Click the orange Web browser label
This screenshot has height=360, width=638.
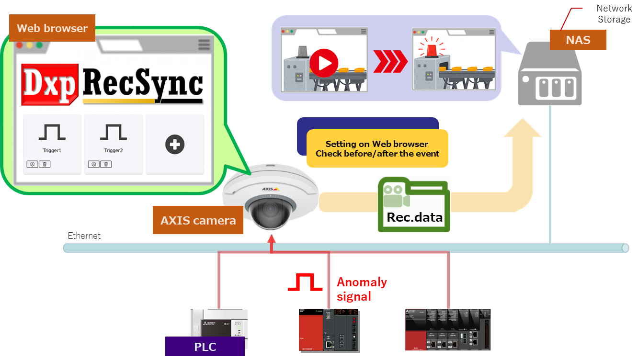(52, 28)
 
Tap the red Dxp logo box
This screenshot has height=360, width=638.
(50, 85)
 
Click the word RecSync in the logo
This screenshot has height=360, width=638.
(143, 84)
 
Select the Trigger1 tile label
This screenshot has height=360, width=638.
(52, 150)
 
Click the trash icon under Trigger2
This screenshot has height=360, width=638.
(106, 164)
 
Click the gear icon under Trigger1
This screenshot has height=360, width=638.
(33, 164)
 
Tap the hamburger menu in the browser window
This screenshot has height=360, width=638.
(204, 45)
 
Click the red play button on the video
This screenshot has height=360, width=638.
(324, 63)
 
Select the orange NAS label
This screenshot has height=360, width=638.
(578, 40)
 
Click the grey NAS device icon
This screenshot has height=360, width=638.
(549, 77)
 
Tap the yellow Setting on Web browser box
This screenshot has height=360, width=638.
(377, 148)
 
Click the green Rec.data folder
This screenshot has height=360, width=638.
(414, 205)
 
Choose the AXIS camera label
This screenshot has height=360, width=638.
(198, 220)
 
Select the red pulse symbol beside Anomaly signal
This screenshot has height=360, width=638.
(305, 282)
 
